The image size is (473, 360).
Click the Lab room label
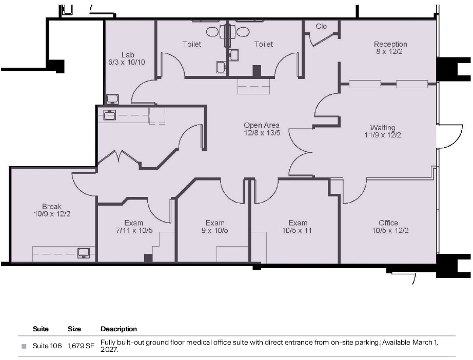[x=128, y=55]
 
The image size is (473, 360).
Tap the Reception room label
[x=390, y=45]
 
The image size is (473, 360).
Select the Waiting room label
[x=383, y=128]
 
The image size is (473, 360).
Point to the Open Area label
[x=262, y=125]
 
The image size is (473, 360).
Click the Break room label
[x=52, y=207]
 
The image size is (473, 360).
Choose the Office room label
[x=388, y=223]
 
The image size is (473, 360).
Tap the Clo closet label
[x=321, y=26]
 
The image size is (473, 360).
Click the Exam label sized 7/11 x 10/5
[x=134, y=223]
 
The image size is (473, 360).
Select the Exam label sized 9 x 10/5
[x=215, y=223]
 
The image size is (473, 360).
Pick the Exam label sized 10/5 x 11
[x=298, y=223]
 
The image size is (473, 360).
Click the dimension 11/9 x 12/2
[x=383, y=135]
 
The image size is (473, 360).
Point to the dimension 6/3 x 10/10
[x=126, y=62]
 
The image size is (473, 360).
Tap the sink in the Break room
[x=83, y=252]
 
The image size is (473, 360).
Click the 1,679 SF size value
[x=81, y=346]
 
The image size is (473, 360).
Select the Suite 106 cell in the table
[x=47, y=346]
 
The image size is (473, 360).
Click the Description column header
[x=119, y=329]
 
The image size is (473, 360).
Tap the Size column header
[x=74, y=329]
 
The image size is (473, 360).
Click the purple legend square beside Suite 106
[x=24, y=347]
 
